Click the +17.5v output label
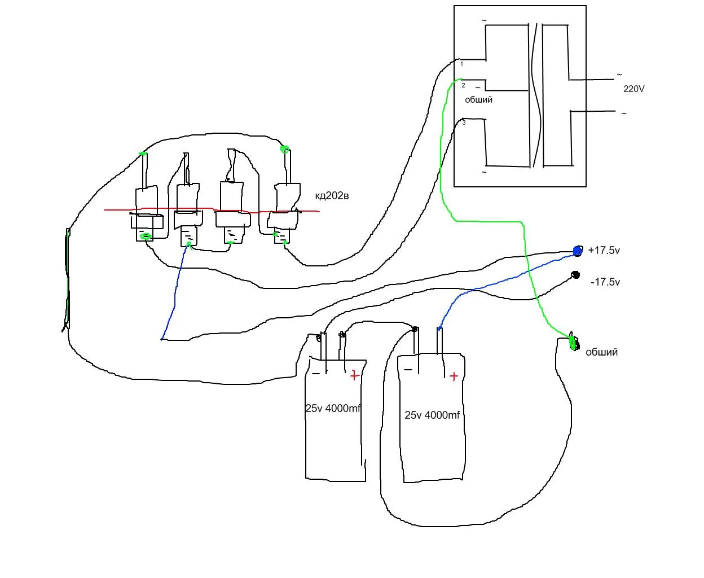tap(604, 250)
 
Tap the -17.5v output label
tap(605, 282)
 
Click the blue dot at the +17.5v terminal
tap(577, 250)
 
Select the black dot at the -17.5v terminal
tap(575, 275)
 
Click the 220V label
tap(634, 89)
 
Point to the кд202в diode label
tap(332, 196)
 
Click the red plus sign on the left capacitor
tap(354, 375)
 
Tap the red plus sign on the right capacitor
tap(454, 376)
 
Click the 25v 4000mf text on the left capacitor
tap(333, 408)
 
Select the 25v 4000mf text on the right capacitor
tap(432, 415)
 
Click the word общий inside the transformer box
tap(478, 99)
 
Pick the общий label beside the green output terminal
tap(601, 352)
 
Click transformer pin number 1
tap(461, 64)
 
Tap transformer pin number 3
tap(464, 122)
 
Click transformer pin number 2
tap(463, 85)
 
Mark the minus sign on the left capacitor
tap(316, 373)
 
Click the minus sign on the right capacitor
tap(408, 370)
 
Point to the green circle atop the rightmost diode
tap(285, 150)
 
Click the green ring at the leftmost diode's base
tap(146, 237)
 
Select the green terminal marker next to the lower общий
tap(573, 342)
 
